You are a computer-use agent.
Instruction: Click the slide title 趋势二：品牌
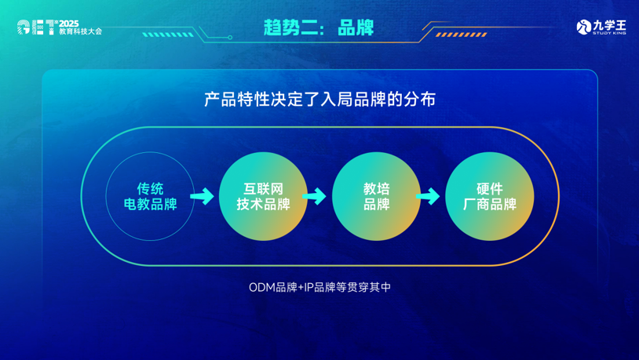pyautogui.click(x=318, y=27)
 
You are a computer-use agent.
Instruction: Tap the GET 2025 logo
pyautogui.click(x=60, y=27)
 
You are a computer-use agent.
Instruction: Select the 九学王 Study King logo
pyautogui.click(x=601, y=27)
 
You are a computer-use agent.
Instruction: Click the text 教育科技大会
pyautogui.click(x=80, y=31)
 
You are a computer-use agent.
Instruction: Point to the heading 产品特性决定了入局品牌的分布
pyautogui.click(x=320, y=99)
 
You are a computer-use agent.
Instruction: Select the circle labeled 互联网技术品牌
pyautogui.click(x=263, y=196)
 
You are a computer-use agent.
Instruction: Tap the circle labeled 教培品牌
pyautogui.click(x=376, y=196)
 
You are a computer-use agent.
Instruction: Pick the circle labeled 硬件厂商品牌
pyautogui.click(x=489, y=196)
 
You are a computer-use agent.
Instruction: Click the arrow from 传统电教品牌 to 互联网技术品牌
pyautogui.click(x=202, y=196)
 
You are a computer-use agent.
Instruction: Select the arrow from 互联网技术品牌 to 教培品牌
pyautogui.click(x=315, y=196)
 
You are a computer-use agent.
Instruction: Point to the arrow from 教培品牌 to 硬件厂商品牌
pyautogui.click(x=428, y=196)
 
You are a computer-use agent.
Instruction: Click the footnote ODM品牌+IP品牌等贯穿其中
pyautogui.click(x=320, y=287)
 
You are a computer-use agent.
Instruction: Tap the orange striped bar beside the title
pyautogui.click(x=462, y=35)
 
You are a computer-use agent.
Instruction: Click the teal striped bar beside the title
pyautogui.click(x=168, y=35)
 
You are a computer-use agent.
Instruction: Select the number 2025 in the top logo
pyautogui.click(x=69, y=24)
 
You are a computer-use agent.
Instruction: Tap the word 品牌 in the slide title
pyautogui.click(x=356, y=27)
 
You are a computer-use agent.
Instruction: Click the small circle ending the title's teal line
pyautogui.click(x=230, y=38)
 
